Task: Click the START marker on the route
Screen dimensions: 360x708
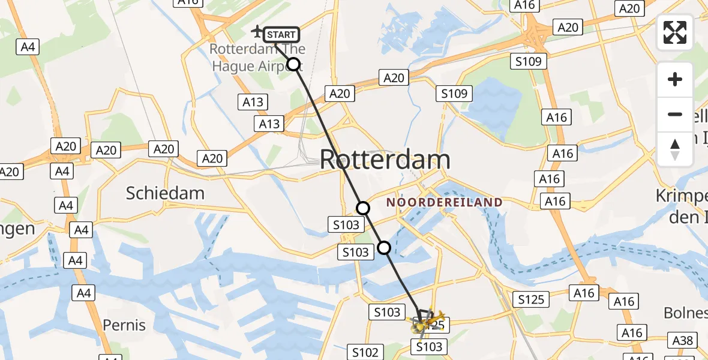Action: coord(281,35)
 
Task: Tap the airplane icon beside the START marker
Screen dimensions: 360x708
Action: coord(257,31)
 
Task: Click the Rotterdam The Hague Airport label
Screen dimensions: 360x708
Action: coord(257,58)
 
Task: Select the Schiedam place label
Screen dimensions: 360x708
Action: coord(165,193)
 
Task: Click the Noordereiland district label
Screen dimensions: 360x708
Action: coord(444,203)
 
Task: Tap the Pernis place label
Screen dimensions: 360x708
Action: coord(124,325)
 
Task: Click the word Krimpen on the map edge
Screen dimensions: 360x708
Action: coord(682,196)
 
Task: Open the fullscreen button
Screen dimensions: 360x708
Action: coord(675,32)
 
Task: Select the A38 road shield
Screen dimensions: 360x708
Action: coord(683,341)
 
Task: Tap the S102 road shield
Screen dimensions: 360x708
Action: coord(365,352)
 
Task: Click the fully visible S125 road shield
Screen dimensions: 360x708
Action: coord(530,298)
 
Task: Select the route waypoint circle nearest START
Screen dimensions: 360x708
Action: coord(293,64)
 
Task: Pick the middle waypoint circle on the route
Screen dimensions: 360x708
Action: coord(363,208)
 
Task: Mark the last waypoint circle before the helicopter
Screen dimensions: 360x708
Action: coord(384,247)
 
